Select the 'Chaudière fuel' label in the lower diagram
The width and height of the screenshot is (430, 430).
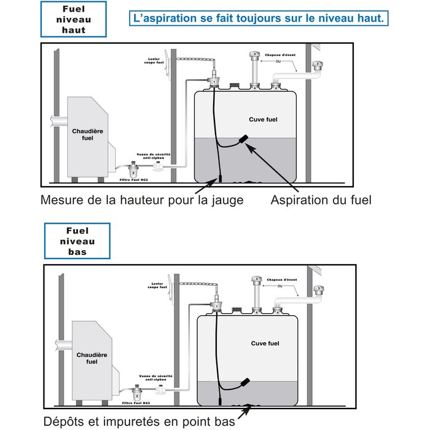(x=88, y=358)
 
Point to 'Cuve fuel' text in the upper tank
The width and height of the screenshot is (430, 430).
(x=262, y=119)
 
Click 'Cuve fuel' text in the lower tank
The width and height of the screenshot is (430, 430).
(x=265, y=343)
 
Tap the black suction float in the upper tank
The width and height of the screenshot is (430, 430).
(x=244, y=141)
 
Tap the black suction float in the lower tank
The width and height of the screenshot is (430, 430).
(x=246, y=383)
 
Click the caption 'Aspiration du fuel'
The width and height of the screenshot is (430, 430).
(x=321, y=200)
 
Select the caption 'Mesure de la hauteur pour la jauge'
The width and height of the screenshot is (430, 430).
(x=142, y=200)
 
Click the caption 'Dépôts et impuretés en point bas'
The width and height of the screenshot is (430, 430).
(x=139, y=421)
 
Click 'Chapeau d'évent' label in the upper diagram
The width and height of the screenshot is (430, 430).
(x=280, y=56)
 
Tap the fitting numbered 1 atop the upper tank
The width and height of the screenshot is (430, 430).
(x=213, y=80)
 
